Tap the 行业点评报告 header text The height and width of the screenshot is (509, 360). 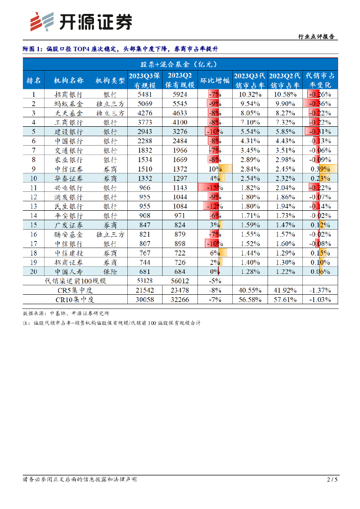(x=316, y=37)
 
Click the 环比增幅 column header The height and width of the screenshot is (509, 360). (x=214, y=80)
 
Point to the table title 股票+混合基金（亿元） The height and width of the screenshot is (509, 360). (x=178, y=64)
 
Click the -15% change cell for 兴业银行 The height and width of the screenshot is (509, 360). (x=214, y=188)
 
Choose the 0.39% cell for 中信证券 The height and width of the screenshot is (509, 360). (x=320, y=169)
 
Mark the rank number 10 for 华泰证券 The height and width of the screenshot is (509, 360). (x=34, y=178)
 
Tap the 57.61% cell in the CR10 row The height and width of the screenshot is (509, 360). (x=285, y=300)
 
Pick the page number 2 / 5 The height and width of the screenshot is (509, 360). (x=332, y=479)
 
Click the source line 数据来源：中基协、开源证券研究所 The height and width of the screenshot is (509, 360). (x=66, y=314)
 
